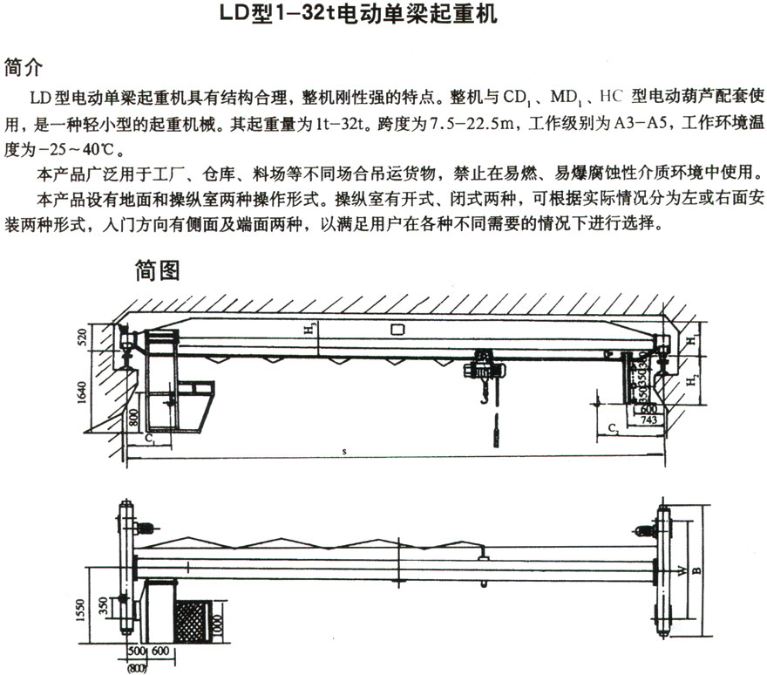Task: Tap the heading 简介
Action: coord(24,67)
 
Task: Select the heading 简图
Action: coord(157,271)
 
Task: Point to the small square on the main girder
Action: coord(397,330)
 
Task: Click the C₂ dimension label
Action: coord(614,427)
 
